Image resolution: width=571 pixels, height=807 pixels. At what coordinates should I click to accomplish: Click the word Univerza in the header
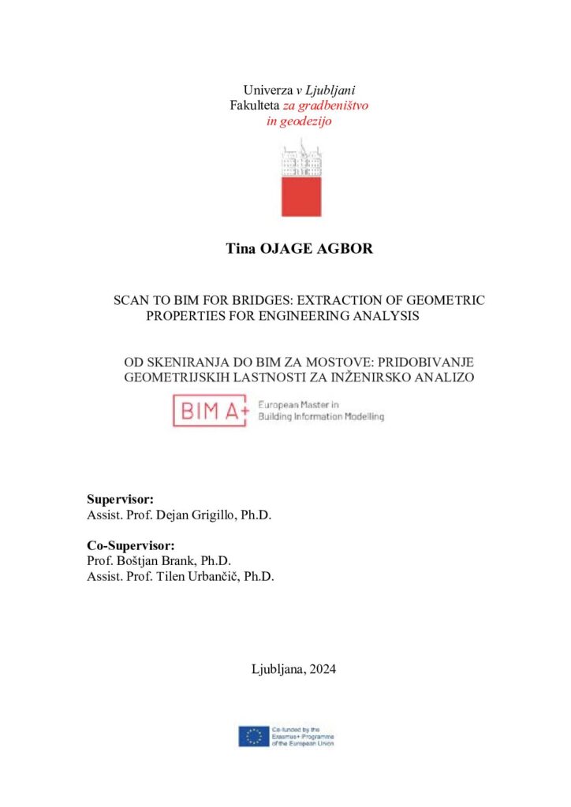[267, 90]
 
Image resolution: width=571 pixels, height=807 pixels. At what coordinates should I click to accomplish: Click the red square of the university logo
[302, 196]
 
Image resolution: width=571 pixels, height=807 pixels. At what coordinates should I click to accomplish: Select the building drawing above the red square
[302, 158]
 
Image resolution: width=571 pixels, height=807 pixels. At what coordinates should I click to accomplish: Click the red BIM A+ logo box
[211, 411]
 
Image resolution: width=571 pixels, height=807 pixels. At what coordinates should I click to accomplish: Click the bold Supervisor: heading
[120, 500]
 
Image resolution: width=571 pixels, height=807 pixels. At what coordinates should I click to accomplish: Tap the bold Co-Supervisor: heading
[130, 545]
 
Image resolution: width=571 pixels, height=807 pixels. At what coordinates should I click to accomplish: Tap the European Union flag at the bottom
[254, 737]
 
